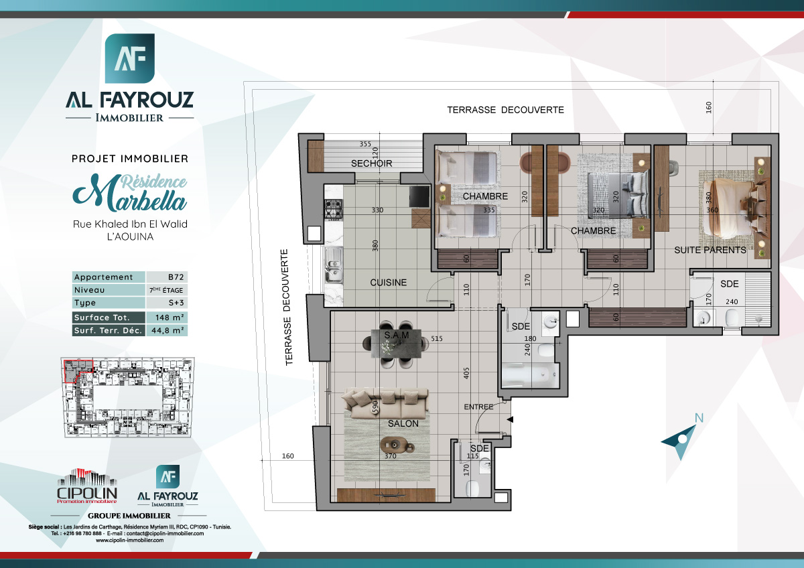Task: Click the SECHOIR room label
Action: point(371,163)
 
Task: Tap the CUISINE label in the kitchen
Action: point(388,283)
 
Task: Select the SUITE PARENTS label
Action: point(710,250)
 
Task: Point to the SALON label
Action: point(403,423)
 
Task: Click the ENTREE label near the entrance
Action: point(478,407)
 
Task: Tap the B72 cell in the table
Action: point(166,277)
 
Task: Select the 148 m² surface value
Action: point(166,317)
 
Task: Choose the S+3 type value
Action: point(166,303)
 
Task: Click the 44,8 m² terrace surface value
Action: point(166,330)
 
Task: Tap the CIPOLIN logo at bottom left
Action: point(87,486)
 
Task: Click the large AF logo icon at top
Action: point(129,58)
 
